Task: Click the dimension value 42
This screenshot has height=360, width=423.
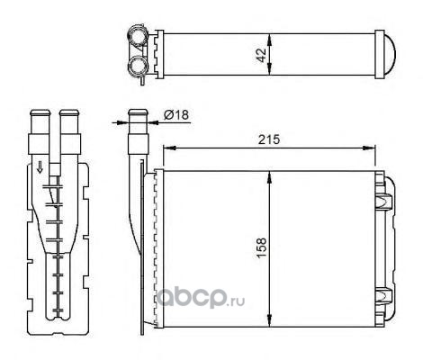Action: point(262,55)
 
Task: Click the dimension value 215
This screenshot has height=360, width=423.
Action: point(269,139)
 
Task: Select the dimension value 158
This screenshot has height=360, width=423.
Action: point(262,247)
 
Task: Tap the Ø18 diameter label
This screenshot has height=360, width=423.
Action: point(176,114)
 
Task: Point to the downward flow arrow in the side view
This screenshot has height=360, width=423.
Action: point(40,167)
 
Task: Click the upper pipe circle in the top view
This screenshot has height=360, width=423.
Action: point(138,35)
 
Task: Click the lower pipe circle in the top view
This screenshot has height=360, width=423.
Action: point(138,66)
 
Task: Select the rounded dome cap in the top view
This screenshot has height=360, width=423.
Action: point(390,54)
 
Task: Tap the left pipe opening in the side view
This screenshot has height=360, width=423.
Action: point(40,113)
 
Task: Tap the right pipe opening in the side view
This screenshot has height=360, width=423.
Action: point(69,113)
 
